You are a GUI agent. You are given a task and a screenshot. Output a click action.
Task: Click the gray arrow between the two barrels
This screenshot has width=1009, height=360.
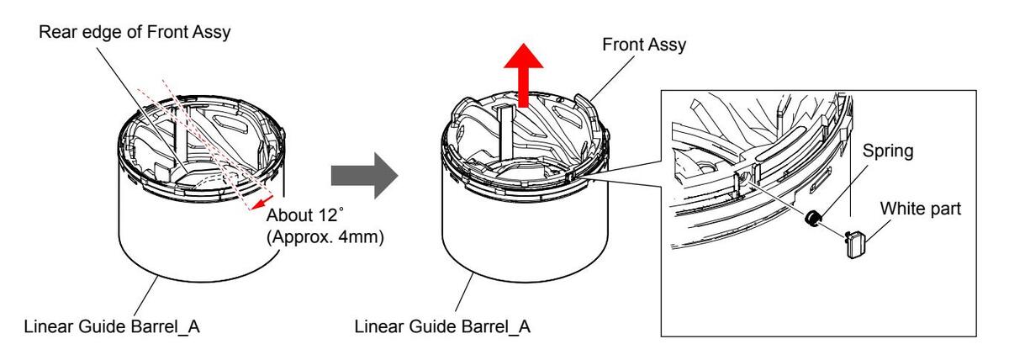(x=361, y=175)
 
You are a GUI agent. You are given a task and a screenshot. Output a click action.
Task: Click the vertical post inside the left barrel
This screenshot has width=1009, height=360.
(x=179, y=135)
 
